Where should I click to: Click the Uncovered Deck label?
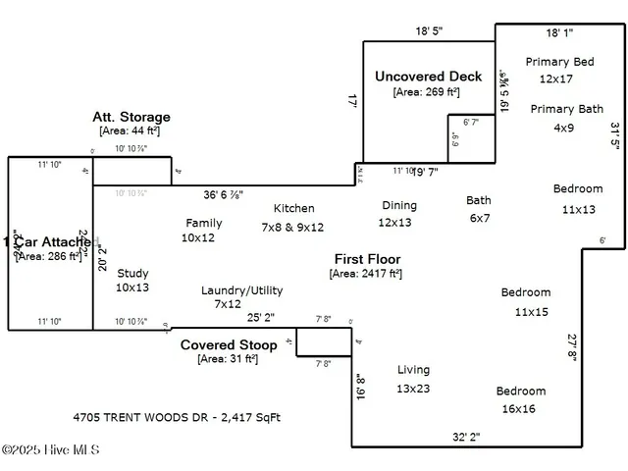pyautogui.click(x=429, y=77)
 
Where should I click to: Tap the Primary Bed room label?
pyautogui.click(x=559, y=62)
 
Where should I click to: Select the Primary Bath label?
pyautogui.click(x=567, y=109)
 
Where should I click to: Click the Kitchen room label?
pyautogui.click(x=293, y=208)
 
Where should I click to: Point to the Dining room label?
pyautogui.click(x=398, y=205)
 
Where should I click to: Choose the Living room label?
pyautogui.click(x=413, y=370)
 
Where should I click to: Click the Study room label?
pyautogui.click(x=132, y=274)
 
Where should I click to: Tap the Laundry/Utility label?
pyautogui.click(x=241, y=290)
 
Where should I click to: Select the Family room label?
pyautogui.click(x=203, y=223)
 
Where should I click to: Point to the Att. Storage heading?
pyautogui.click(x=131, y=117)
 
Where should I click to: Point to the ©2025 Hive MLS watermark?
pyautogui.click(x=51, y=450)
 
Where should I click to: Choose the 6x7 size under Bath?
pyautogui.click(x=479, y=218)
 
